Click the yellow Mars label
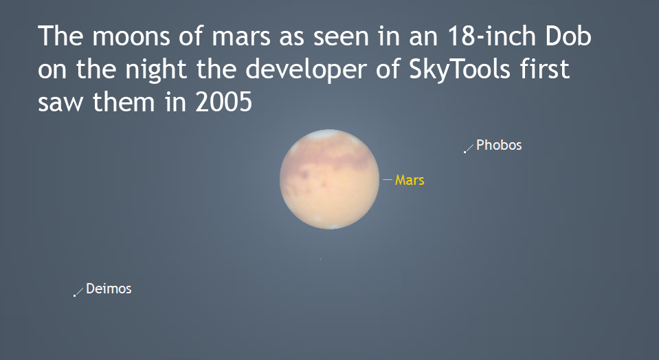click(x=410, y=181)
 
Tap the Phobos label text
click(x=499, y=145)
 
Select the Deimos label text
click(x=109, y=289)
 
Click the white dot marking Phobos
click(x=465, y=152)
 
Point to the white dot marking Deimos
click(x=75, y=295)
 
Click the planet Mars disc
click(x=329, y=179)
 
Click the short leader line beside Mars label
click(x=388, y=180)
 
